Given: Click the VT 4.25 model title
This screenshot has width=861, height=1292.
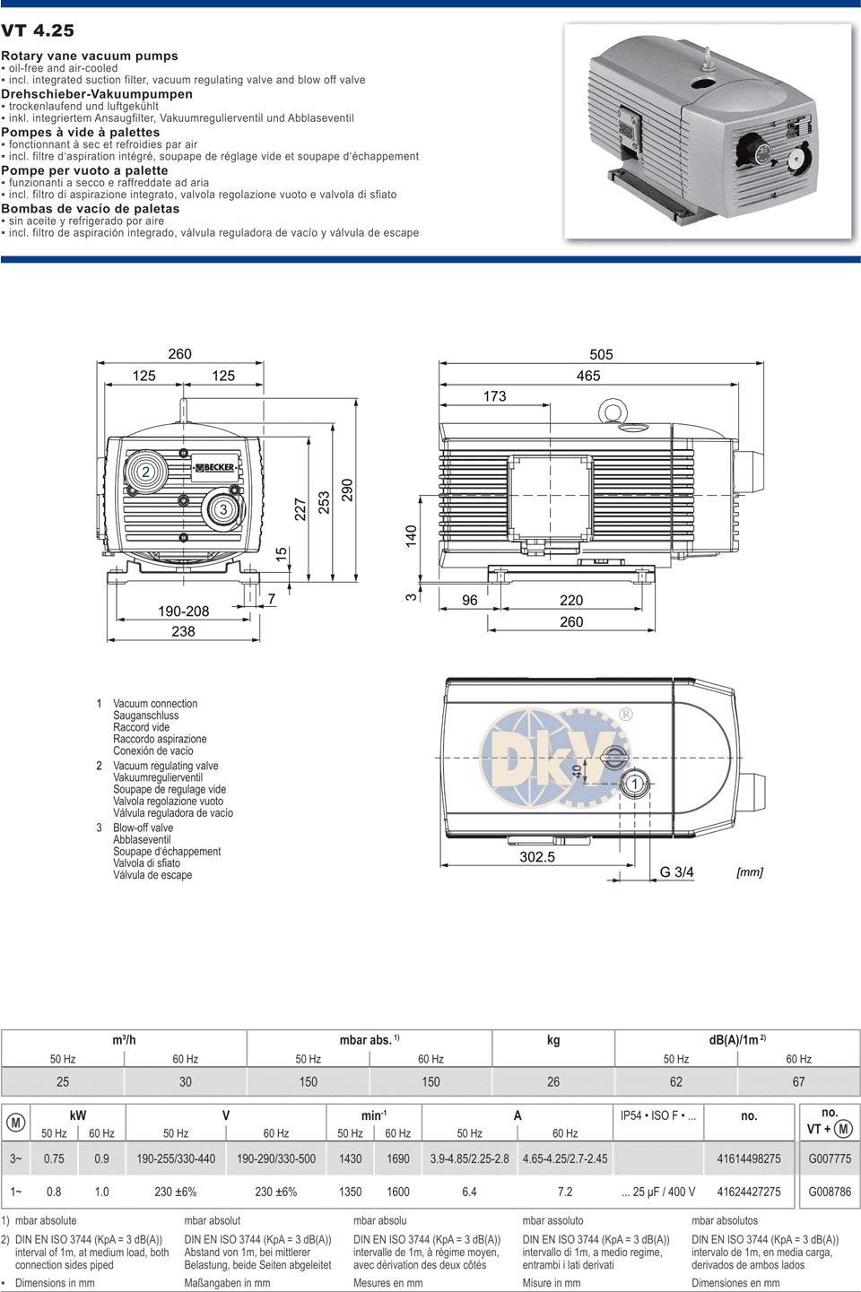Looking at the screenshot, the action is pyautogui.click(x=38, y=30).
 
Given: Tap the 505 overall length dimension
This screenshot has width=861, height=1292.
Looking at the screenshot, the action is pyautogui.click(x=601, y=354).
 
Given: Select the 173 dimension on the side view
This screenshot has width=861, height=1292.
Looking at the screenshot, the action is pyautogui.click(x=494, y=396).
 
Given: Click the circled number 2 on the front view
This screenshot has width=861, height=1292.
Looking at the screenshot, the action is pyautogui.click(x=145, y=472).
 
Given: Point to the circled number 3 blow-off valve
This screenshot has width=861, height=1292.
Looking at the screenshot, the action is pyautogui.click(x=223, y=509).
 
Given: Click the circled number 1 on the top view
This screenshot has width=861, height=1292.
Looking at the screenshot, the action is pyautogui.click(x=635, y=784).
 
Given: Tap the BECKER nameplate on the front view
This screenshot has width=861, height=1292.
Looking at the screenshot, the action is pyautogui.click(x=214, y=467).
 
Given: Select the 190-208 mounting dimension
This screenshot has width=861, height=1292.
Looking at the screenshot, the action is pyautogui.click(x=184, y=611).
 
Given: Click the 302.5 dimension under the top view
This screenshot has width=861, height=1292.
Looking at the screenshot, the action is pyautogui.click(x=537, y=856).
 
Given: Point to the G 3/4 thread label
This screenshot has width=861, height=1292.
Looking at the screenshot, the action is pyautogui.click(x=676, y=871).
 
